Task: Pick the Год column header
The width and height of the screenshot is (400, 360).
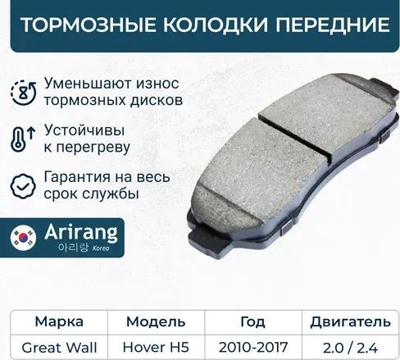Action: [252, 321]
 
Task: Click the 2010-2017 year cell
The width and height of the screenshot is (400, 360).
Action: [252, 346]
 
